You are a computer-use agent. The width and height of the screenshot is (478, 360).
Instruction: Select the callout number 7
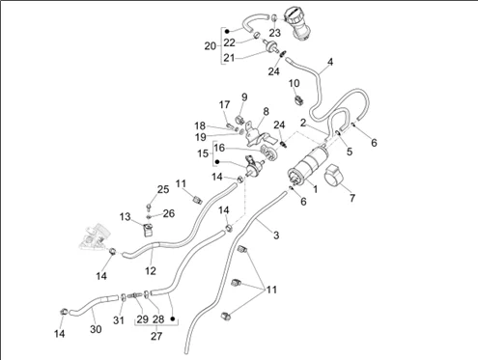pos(352,198)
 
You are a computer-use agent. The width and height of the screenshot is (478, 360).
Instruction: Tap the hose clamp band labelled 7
pos(333,175)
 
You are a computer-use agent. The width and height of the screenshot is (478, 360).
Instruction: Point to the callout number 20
pos(210,46)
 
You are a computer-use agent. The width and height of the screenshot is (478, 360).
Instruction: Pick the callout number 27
pos(156,336)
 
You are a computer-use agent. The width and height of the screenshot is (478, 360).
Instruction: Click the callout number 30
pos(96,329)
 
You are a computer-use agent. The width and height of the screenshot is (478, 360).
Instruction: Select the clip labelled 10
pos(298,98)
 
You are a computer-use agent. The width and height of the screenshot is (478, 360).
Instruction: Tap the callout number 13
pos(126,217)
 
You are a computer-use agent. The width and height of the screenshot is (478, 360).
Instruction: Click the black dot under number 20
pos(227,31)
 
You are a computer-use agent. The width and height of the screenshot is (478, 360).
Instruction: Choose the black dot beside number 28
pos(173,318)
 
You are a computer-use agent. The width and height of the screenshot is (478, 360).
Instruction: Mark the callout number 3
pos(276,235)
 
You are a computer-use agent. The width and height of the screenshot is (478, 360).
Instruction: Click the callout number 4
pos(330,62)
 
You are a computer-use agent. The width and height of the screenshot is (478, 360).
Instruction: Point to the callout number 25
pos(163,189)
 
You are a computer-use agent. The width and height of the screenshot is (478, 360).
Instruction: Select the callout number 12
pos(151,271)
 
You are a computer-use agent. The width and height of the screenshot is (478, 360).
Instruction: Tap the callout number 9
pos(244,97)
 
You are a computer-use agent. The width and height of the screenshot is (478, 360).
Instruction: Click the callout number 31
pos(119,320)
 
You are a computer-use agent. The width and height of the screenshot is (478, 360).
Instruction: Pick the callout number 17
pos(225,104)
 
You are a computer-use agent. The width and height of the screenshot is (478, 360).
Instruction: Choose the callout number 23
pos(275,33)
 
